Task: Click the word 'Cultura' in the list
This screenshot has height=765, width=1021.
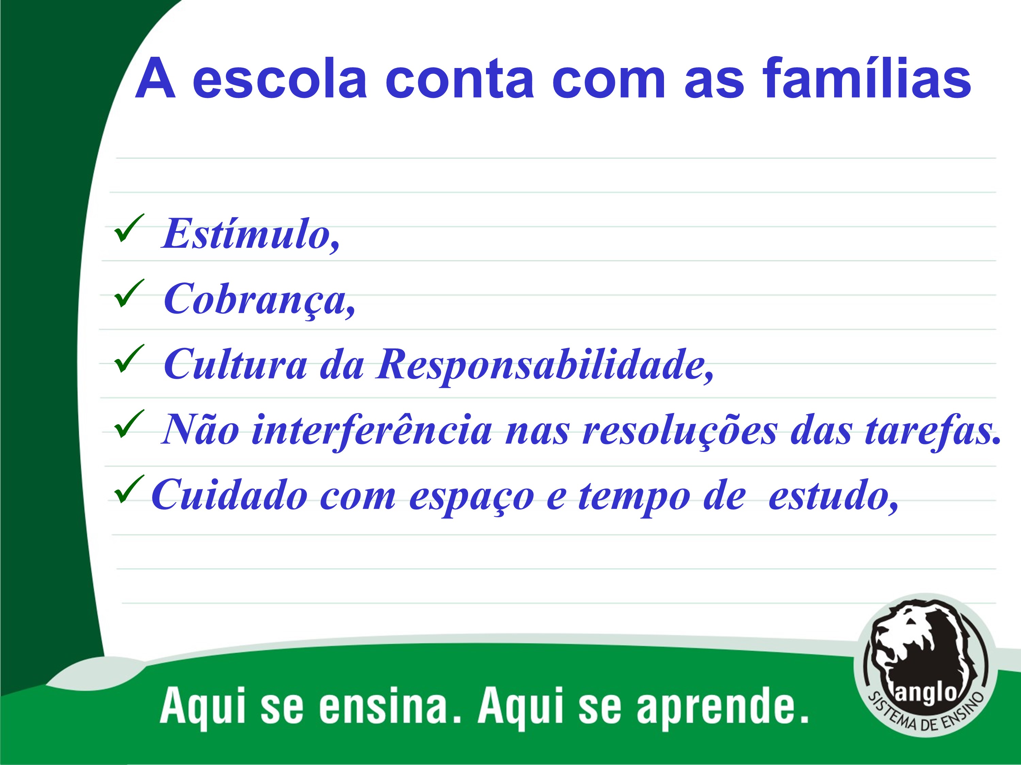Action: tap(236, 364)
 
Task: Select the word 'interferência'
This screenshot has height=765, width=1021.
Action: tap(372, 429)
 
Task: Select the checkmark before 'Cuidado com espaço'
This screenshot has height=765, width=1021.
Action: tap(129, 489)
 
